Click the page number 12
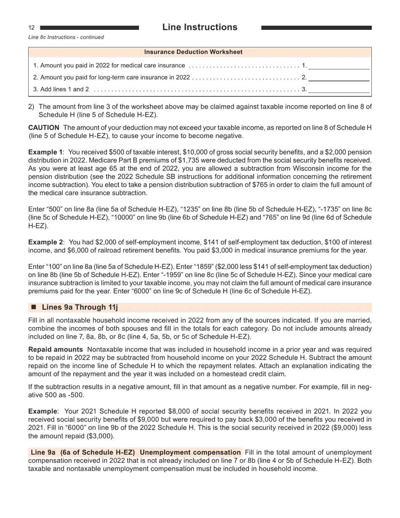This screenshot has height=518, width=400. pos(31,28)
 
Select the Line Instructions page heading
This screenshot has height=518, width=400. pos(200,27)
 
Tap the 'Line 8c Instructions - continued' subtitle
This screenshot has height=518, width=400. pos(66,37)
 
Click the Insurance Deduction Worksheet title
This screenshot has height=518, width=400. pos(193,52)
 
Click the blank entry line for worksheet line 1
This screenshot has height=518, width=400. pos(339,66)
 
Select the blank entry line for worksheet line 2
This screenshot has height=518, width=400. pos(339,78)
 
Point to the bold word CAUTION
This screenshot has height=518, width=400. pos(44,128)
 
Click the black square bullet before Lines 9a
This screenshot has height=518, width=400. pos(34,307)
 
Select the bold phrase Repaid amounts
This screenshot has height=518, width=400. pos(55,350)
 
